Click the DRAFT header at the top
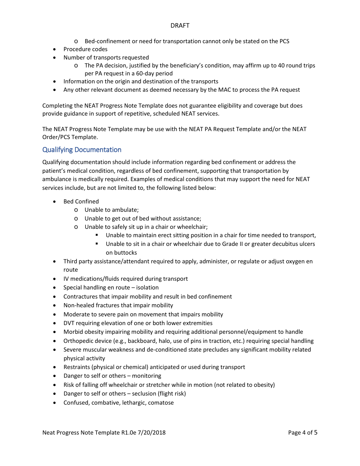[180, 26]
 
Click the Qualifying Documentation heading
[82, 150]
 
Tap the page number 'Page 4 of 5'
[302, 432]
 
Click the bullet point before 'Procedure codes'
[55, 49]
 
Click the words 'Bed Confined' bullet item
[81, 202]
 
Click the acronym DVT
[69, 323]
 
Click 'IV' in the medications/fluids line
[66, 279]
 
